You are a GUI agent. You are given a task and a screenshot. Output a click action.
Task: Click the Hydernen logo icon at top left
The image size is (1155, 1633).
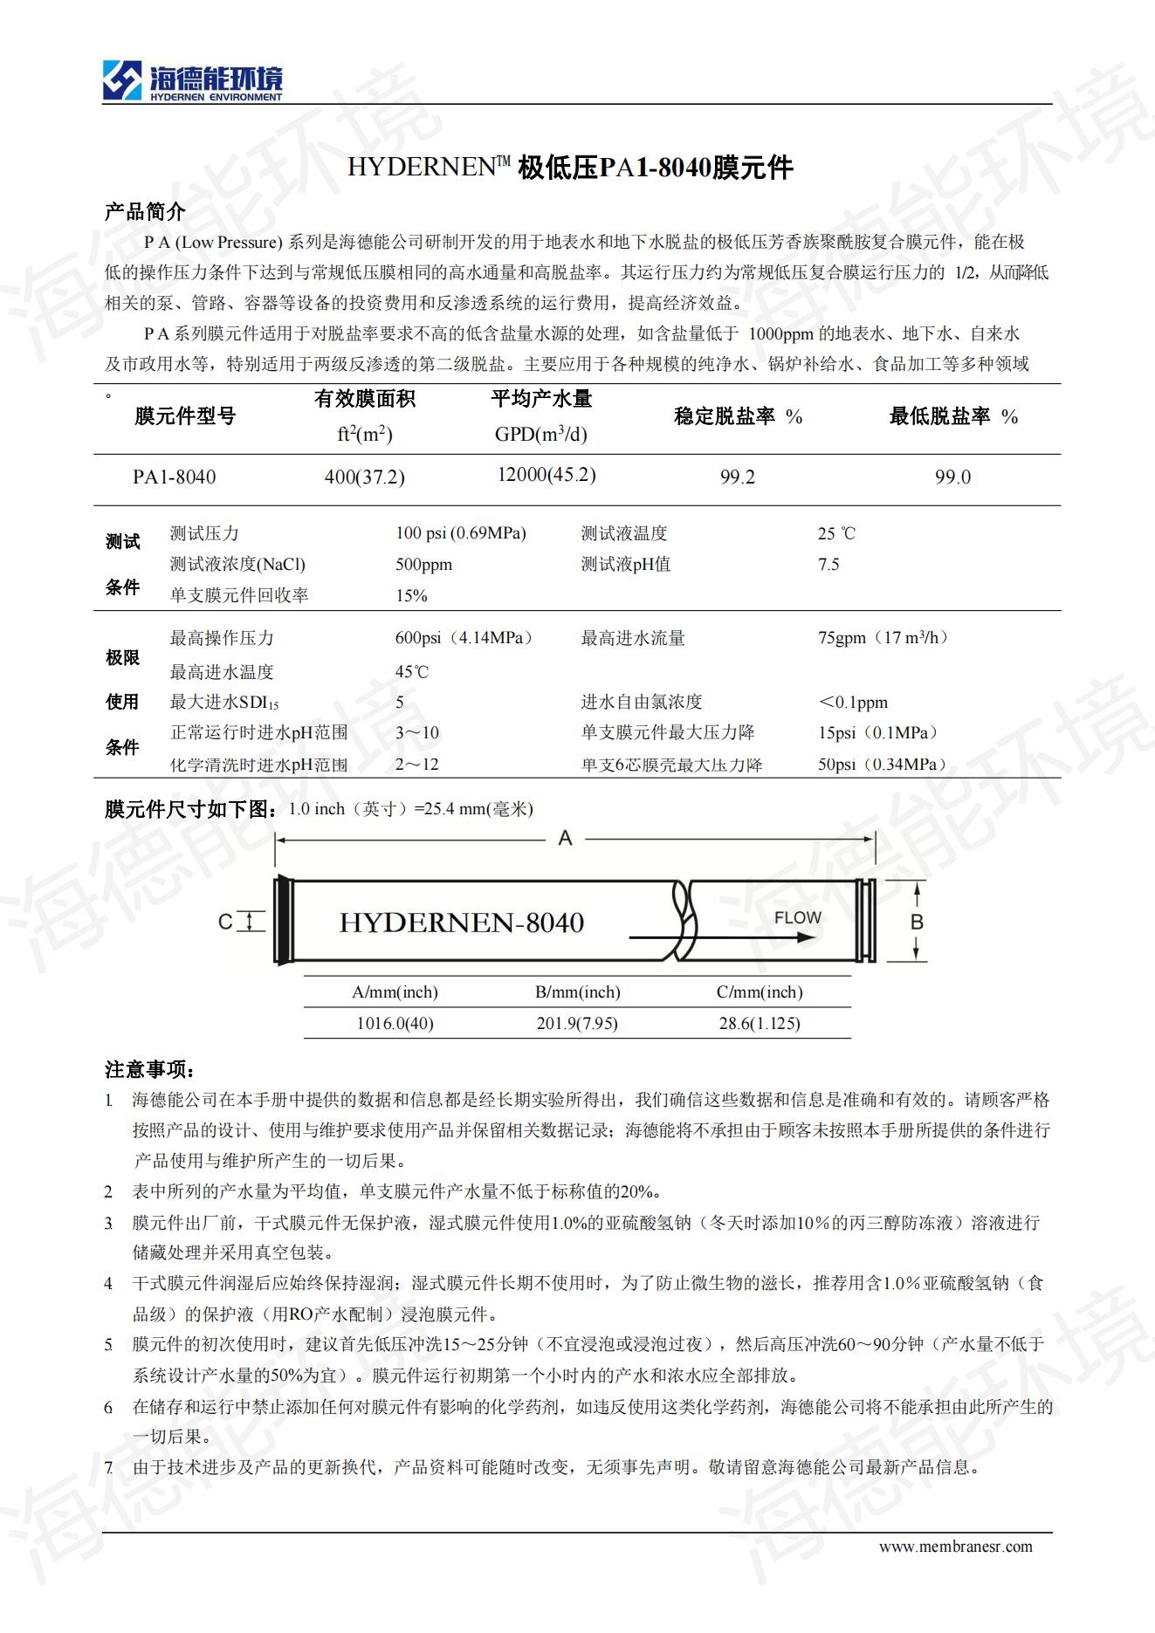[x=121, y=80]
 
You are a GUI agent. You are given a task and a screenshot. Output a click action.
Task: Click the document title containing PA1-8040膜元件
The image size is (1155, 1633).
[x=570, y=167]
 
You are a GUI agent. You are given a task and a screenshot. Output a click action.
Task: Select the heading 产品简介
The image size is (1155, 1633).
[x=145, y=211]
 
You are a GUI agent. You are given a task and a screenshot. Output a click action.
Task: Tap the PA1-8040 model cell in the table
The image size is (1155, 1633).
[x=175, y=477]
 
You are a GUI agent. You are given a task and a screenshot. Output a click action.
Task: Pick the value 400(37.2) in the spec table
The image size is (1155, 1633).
[x=364, y=477]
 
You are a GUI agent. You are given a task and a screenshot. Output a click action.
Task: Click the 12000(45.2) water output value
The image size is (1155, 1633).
[x=547, y=475]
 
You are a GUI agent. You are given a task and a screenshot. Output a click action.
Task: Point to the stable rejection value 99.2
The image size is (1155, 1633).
[x=738, y=477]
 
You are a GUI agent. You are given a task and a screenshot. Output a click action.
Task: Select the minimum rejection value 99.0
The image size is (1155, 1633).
[x=952, y=477]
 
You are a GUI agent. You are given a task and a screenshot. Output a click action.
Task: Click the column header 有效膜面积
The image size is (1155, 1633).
[x=365, y=399]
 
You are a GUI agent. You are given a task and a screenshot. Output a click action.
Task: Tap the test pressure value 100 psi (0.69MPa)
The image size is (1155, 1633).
[x=461, y=533]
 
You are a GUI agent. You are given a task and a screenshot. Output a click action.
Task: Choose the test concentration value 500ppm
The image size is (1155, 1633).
[x=423, y=565]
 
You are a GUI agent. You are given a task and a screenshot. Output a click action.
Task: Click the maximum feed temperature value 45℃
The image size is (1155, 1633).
[x=412, y=672]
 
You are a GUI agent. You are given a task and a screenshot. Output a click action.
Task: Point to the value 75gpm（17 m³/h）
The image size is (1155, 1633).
[x=883, y=638]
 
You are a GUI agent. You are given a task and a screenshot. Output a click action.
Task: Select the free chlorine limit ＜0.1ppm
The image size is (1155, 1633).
[x=853, y=703]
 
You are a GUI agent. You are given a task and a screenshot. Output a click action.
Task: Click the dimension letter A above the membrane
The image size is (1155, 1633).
[x=566, y=839]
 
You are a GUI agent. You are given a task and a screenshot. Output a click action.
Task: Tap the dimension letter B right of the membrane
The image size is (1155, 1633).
[x=917, y=922]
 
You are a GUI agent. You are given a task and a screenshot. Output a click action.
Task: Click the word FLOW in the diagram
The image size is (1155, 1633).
[x=797, y=918]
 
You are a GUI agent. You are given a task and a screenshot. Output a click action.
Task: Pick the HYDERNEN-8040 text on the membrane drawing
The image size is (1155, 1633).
[x=461, y=923]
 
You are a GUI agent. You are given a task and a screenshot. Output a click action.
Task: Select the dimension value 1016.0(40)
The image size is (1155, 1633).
[x=395, y=1023]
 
